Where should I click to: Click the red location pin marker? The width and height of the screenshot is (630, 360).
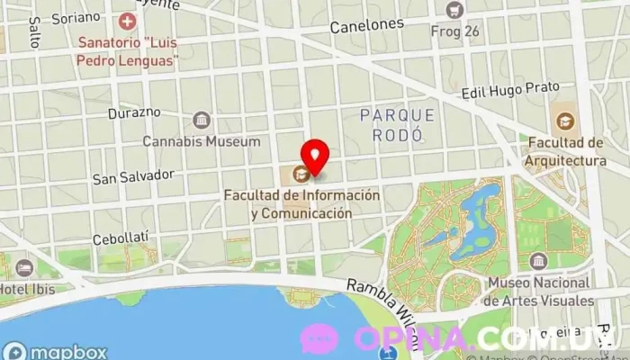click(x=313, y=156)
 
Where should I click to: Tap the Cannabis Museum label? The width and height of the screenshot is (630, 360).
click(x=202, y=141)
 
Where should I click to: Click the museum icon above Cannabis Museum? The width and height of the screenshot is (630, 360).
click(x=202, y=120)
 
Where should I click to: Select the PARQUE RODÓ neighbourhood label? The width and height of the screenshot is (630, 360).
click(x=397, y=124)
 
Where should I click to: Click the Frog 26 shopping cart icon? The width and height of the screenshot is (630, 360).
click(x=455, y=9)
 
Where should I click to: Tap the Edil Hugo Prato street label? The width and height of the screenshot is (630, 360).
click(x=509, y=90)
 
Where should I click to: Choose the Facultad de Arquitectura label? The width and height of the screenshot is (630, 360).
click(x=566, y=151)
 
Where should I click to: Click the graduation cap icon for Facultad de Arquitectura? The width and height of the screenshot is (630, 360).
click(x=564, y=121)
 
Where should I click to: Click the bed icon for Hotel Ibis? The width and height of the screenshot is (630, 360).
click(x=23, y=267)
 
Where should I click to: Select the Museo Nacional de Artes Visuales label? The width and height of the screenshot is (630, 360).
click(x=540, y=292)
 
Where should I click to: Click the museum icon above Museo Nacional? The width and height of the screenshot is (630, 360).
click(x=538, y=262)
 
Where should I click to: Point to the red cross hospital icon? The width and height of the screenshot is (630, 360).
click(x=127, y=20)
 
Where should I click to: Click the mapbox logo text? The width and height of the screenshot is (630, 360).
click(x=67, y=351)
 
